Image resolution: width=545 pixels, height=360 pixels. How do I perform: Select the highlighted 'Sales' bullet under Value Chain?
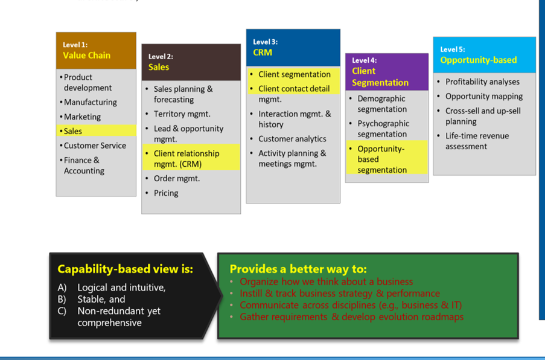point(73,131)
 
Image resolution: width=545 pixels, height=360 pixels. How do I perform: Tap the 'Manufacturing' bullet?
point(91,103)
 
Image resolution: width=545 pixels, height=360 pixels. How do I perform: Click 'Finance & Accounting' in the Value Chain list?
point(84,166)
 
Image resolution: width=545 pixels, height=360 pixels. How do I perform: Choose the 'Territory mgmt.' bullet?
point(182,114)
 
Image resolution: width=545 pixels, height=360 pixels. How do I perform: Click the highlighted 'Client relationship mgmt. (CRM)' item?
point(186,159)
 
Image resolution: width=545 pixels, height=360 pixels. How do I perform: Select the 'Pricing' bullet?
point(166,193)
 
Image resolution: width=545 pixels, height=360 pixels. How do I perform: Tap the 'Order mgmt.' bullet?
point(176,179)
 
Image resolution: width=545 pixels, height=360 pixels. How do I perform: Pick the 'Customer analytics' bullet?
point(292,139)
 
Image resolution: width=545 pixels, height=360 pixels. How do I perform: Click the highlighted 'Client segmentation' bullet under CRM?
point(295,75)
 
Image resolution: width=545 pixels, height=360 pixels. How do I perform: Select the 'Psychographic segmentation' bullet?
point(383,129)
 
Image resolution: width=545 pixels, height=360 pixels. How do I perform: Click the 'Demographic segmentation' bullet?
point(382,104)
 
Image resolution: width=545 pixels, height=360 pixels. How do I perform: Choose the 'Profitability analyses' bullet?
point(482,82)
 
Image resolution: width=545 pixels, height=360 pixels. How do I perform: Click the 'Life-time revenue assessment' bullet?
point(477,141)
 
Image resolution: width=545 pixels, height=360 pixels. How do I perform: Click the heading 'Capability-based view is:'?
point(125,269)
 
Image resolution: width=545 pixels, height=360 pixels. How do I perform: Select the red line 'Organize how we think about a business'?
point(326,281)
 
